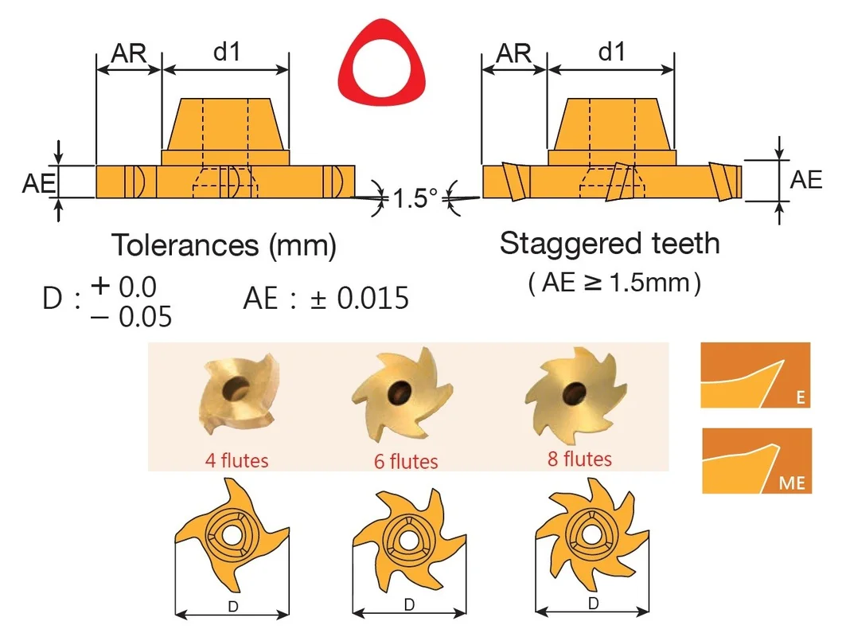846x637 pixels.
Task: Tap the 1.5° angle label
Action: [x=415, y=198]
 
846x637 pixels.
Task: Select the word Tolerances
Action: [x=185, y=244]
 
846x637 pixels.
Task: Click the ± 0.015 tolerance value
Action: [x=360, y=299]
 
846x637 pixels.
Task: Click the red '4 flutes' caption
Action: [x=236, y=460]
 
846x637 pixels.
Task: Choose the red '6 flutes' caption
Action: [x=406, y=462]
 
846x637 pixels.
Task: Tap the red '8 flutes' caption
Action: [x=579, y=459]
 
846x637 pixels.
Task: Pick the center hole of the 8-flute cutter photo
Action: [x=574, y=393]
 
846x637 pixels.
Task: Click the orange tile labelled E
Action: [x=755, y=375]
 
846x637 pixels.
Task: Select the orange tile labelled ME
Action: [x=757, y=460]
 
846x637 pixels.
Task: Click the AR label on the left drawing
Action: [x=128, y=53]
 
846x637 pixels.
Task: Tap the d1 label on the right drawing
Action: [x=612, y=52]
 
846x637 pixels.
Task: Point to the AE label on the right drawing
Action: [x=805, y=180]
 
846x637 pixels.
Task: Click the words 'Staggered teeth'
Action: [x=610, y=243]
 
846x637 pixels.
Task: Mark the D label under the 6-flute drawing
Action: [x=409, y=604]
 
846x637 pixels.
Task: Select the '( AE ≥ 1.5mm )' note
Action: [x=614, y=283]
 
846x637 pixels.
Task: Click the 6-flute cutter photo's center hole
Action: [x=400, y=391]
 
